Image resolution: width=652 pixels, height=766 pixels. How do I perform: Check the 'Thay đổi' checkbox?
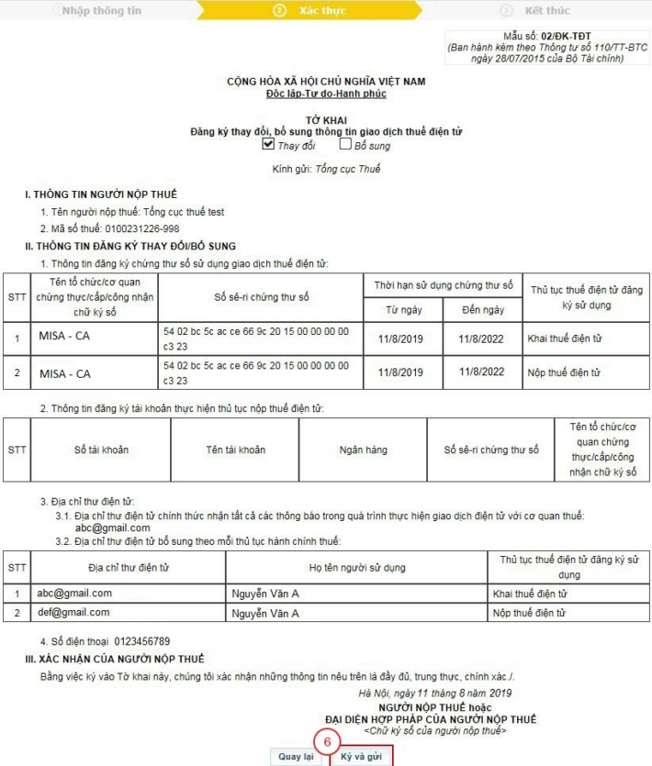(x=268, y=144)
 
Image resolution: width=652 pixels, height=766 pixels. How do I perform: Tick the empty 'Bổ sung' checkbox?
(x=345, y=144)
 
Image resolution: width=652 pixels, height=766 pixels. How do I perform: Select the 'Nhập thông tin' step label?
(x=101, y=10)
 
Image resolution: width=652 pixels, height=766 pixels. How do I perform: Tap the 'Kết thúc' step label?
(x=547, y=10)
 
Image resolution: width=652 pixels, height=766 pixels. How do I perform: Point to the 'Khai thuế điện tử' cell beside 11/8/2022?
(x=564, y=339)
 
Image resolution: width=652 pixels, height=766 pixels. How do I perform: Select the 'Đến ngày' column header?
(x=482, y=310)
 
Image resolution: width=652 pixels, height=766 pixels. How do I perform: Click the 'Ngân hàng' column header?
(x=363, y=450)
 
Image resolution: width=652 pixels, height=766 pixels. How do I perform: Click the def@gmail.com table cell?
(x=74, y=613)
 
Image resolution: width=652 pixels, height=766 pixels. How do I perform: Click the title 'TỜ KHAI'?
(x=325, y=120)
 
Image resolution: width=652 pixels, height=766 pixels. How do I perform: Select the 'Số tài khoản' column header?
(x=101, y=450)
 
